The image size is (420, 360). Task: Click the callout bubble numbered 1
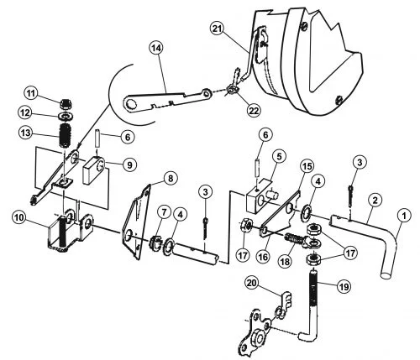coord(403,216)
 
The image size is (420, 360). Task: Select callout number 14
coord(156,48)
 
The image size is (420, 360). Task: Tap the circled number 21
coord(217,29)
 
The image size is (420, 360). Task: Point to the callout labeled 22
coord(254,110)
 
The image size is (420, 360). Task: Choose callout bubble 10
coord(19,217)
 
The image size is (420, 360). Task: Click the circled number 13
coord(25,133)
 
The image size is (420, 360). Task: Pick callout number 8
coord(170,178)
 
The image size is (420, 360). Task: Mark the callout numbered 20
coord(251,283)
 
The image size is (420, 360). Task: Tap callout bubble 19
coord(344,286)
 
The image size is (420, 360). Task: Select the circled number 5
coord(278,157)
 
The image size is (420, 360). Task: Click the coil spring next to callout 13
coord(65,135)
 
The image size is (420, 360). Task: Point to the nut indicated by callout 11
coord(66,104)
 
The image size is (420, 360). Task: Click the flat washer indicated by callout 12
coord(65,115)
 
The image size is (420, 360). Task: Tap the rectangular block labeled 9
coord(93,170)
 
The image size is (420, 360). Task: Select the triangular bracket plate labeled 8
coord(137,222)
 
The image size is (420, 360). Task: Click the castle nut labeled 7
coord(155,243)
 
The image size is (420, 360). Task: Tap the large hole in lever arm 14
coord(130,104)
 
